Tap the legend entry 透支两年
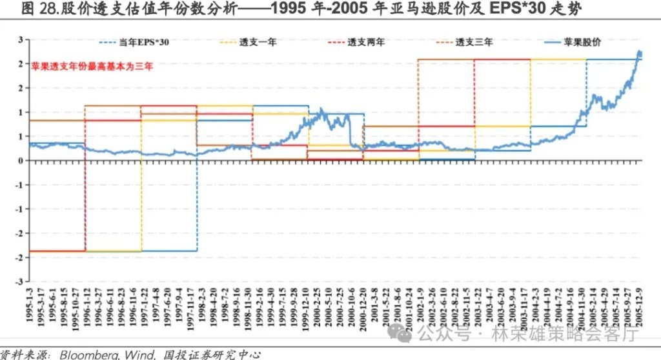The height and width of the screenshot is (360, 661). click(366, 43)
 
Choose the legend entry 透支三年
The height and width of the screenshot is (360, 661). click(474, 43)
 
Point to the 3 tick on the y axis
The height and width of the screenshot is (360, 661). click(20, 39)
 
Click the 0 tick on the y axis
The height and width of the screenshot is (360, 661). click(20, 161)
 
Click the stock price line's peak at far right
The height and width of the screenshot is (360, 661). click(639, 52)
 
